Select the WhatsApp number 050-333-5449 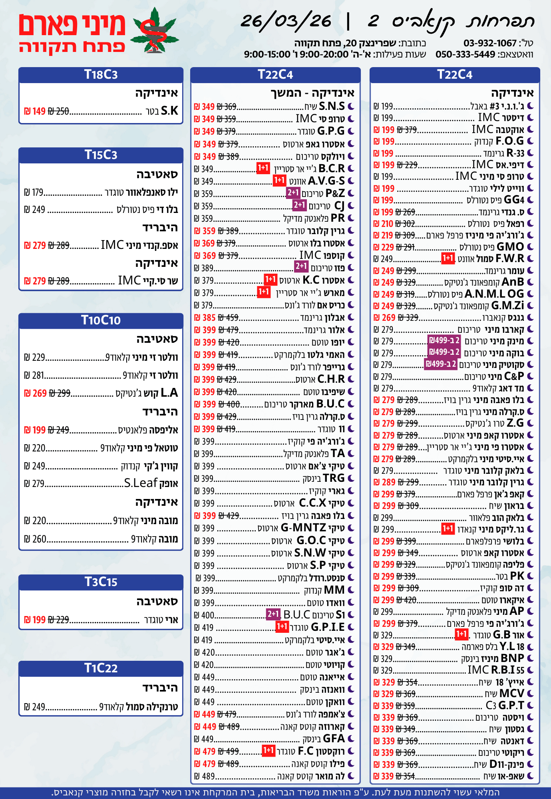tap(465, 54)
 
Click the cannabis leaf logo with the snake tap(155, 31)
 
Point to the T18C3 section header tap(101, 75)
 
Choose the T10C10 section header tap(101, 320)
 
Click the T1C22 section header tap(101, 668)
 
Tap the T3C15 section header tap(101, 582)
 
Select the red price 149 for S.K tap(39, 111)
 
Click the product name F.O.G tap(509, 141)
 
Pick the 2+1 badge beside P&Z tap(293, 193)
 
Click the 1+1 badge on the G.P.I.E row tap(282, 626)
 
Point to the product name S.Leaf tap(141, 483)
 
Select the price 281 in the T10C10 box tap(38, 376)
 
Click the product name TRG tap(334, 478)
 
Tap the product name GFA tap(334, 738)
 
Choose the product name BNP tap(512, 658)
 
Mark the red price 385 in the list tap(209, 318)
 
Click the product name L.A tap(169, 393)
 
